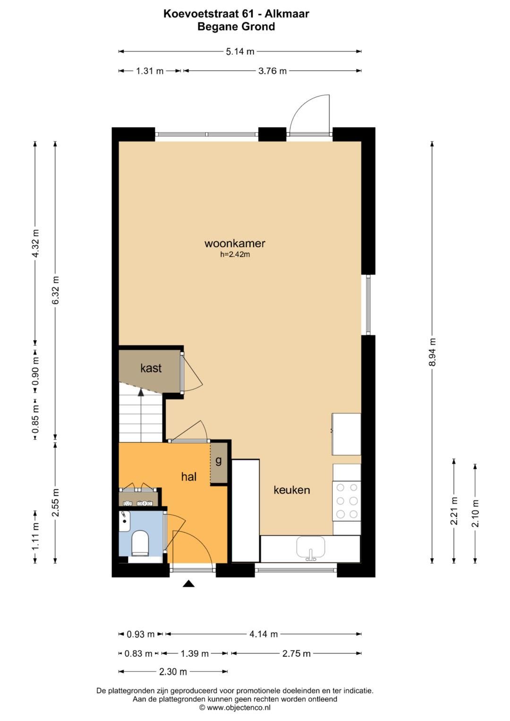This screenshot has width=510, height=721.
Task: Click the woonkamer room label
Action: [235, 244]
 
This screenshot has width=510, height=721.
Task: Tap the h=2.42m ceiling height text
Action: [235, 254]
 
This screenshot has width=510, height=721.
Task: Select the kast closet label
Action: [151, 368]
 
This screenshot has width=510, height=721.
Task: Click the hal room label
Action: [188, 477]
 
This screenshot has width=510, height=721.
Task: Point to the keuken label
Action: [292, 490]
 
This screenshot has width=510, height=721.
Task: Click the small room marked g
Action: [218, 461]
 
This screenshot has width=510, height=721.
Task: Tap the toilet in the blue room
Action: [140, 543]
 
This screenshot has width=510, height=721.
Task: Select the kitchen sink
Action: [311, 548]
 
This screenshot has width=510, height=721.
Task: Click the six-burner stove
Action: [347, 501]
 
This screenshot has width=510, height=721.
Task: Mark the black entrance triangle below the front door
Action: [189, 584]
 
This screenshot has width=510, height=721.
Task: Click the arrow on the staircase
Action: [140, 391]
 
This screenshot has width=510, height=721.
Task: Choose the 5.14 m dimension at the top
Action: [240, 51]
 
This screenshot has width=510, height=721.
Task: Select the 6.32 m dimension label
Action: [55, 290]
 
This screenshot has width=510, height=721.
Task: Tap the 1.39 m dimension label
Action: [195, 653]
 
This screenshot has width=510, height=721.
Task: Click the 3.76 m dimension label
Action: [272, 71]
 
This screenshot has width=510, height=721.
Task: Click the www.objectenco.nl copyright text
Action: [235, 707]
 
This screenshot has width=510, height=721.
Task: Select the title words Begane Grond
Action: [236, 26]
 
